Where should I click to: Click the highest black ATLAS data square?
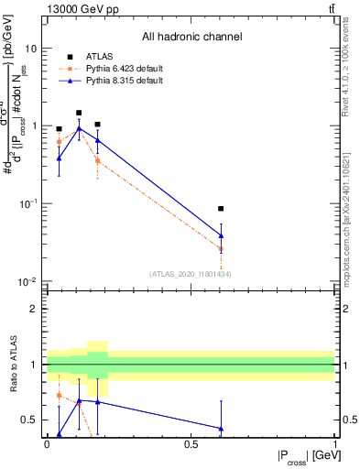coord(79,113)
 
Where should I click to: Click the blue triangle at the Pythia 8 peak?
coord(79,129)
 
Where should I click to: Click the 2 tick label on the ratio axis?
coord(33,309)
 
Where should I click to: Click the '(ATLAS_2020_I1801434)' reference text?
coord(189,274)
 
